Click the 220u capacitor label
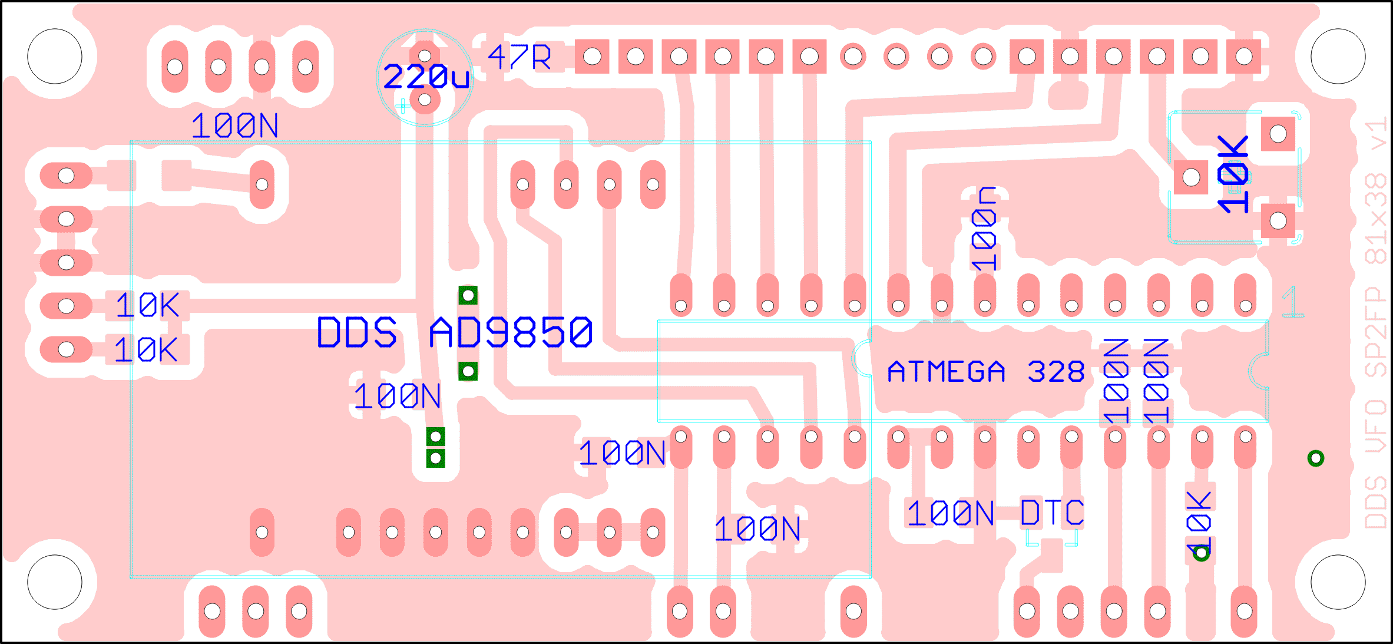click(x=426, y=77)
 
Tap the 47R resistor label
click(x=520, y=58)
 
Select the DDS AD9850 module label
click(x=454, y=332)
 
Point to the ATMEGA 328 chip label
click(x=986, y=372)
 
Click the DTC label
click(x=1052, y=513)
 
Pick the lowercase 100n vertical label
click(x=984, y=229)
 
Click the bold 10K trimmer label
click(x=1233, y=174)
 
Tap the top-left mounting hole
click(x=55, y=57)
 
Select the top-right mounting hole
click(x=1338, y=57)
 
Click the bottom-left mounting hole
click(x=55, y=582)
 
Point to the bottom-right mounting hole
click(x=1338, y=582)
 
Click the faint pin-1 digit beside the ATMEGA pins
click(x=1292, y=302)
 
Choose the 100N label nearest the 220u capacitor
click(x=235, y=126)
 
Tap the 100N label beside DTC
click(x=951, y=513)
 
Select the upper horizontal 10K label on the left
click(x=147, y=305)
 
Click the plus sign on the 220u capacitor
click(x=403, y=106)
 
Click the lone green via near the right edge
click(x=1316, y=458)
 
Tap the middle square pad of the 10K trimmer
click(x=1191, y=177)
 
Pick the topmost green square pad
click(x=468, y=295)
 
